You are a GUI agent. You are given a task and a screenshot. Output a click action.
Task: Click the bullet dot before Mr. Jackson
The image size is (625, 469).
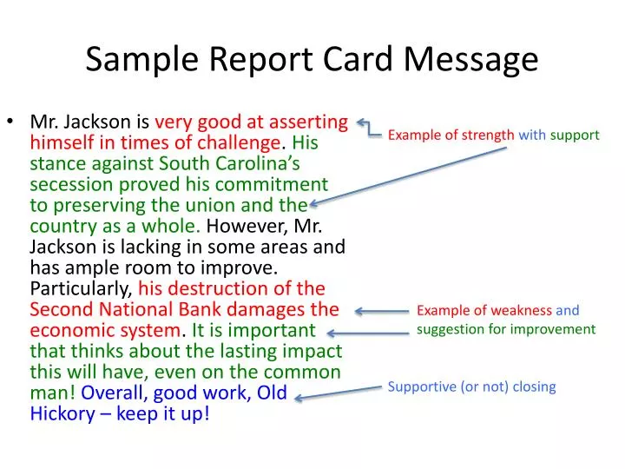(x=16, y=122)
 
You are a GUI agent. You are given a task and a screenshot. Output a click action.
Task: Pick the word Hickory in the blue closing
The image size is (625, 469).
(x=62, y=413)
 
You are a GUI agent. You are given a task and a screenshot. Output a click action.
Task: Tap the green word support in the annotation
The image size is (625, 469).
(x=574, y=135)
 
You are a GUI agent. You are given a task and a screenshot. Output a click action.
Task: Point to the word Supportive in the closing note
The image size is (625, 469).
(x=420, y=386)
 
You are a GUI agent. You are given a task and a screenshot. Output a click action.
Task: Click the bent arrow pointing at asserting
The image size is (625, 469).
(x=368, y=129)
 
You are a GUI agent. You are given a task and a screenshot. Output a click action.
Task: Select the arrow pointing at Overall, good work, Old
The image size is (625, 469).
(x=339, y=393)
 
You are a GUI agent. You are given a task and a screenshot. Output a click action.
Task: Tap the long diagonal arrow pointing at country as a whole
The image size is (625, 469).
(x=408, y=176)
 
